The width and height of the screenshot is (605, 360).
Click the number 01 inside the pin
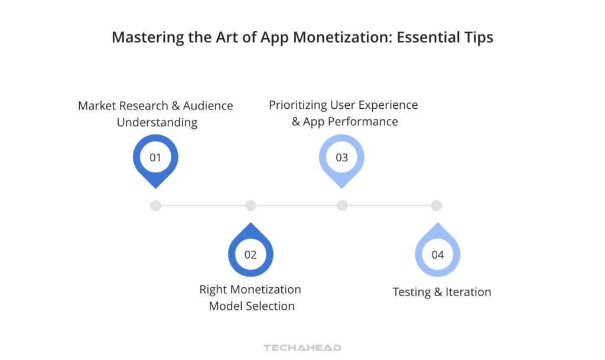[x=155, y=158]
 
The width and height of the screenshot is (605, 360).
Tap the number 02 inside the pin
[x=251, y=255]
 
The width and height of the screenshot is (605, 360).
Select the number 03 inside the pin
[x=341, y=158]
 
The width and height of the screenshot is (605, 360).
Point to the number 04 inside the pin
[x=437, y=255]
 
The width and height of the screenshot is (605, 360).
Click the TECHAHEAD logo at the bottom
[x=302, y=348]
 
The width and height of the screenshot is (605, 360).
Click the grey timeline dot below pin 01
[x=155, y=206]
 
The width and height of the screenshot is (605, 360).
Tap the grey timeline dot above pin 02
[x=251, y=206]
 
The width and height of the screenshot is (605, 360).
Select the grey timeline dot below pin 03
[x=341, y=206]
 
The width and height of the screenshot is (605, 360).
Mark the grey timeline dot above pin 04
[x=436, y=206]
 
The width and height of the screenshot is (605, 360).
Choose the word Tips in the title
[x=478, y=38]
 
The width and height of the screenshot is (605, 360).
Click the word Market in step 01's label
[x=98, y=106]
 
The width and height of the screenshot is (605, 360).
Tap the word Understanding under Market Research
[x=157, y=123]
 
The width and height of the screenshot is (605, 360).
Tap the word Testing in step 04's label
[x=412, y=292]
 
